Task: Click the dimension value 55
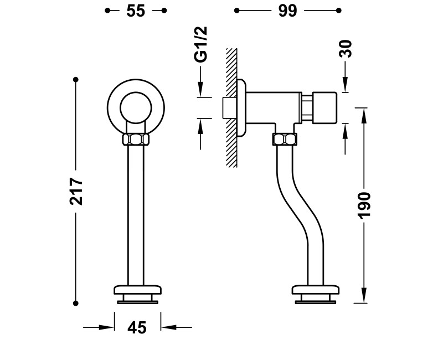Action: coord(136,11)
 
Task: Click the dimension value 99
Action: coord(287,11)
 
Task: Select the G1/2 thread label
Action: coord(201,44)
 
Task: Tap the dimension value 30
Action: coord(346,49)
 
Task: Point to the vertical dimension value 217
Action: coord(76,191)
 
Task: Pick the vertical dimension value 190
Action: coord(364,205)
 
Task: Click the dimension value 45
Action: coord(137,328)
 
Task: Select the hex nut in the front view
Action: coord(136,140)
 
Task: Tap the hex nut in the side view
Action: coord(285,140)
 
